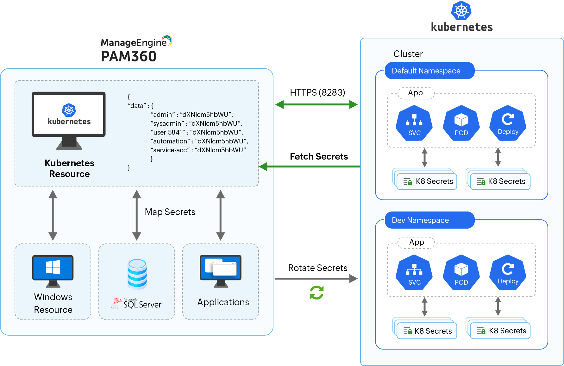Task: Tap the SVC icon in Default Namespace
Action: click(x=414, y=123)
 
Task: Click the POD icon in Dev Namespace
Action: click(x=461, y=272)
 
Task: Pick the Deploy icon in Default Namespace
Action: click(x=508, y=123)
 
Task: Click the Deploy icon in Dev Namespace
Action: click(x=508, y=272)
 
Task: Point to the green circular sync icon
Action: click(x=316, y=293)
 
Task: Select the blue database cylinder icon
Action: click(x=137, y=274)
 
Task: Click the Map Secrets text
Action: click(x=170, y=212)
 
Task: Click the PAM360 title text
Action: click(x=128, y=56)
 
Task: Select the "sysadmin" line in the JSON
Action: click(x=196, y=123)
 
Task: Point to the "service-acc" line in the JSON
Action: click(x=198, y=150)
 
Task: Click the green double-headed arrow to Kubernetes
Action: click(x=316, y=104)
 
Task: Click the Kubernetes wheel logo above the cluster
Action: click(x=461, y=11)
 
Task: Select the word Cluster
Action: click(x=408, y=54)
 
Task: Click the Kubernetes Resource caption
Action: click(x=69, y=168)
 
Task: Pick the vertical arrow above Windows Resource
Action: click(x=53, y=215)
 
